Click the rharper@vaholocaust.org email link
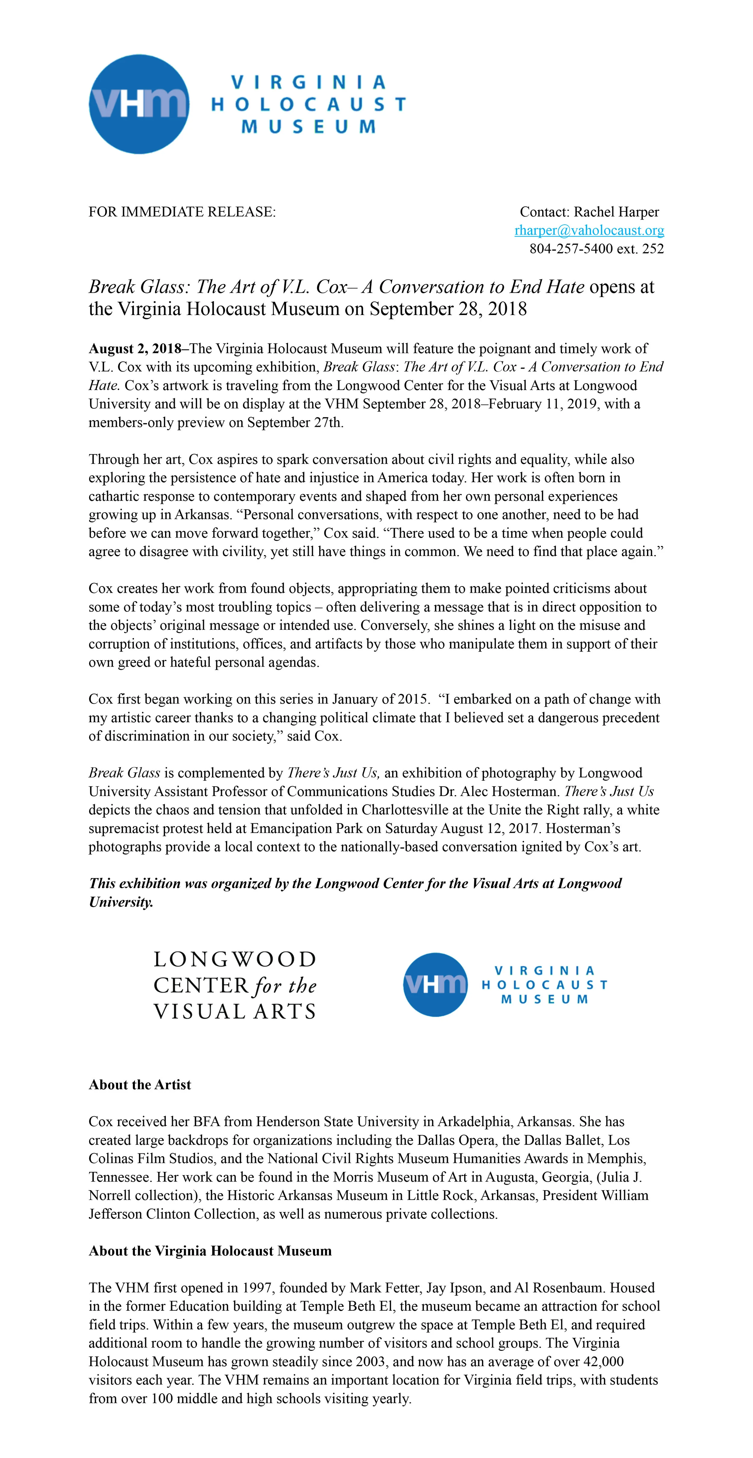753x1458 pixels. [x=589, y=230]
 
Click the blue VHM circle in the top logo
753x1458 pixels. [x=139, y=104]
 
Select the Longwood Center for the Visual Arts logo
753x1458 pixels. [x=235, y=985]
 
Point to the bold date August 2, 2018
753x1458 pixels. [x=135, y=349]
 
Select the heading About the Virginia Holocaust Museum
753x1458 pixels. [x=210, y=1251]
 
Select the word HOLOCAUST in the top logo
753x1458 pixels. [x=308, y=104]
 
